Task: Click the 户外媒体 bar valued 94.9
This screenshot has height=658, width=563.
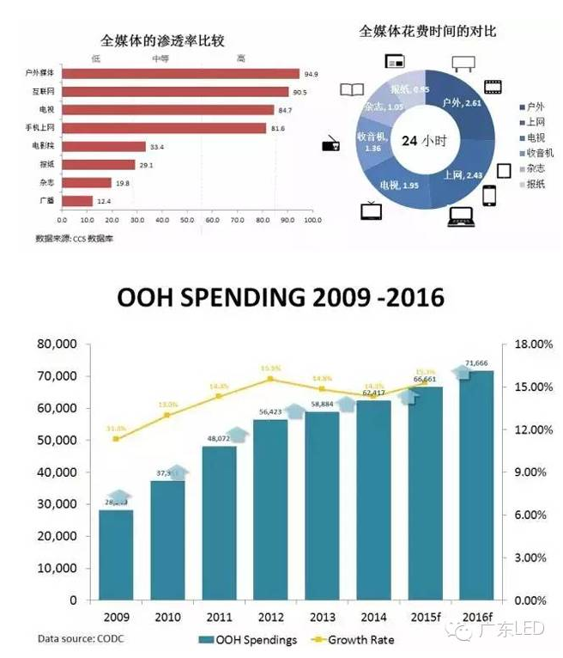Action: tap(180, 74)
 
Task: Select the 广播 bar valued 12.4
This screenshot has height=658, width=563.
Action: tap(77, 201)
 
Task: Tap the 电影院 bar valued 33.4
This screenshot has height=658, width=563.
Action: tap(103, 147)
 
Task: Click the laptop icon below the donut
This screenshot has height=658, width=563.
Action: tap(462, 216)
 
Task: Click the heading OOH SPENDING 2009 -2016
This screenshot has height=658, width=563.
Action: tap(281, 298)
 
